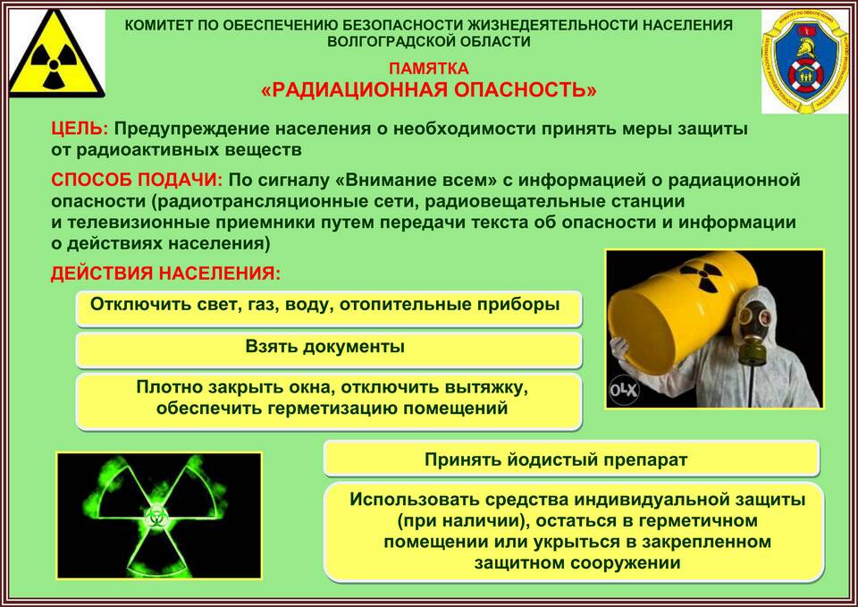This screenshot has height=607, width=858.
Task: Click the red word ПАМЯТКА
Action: tap(429, 69)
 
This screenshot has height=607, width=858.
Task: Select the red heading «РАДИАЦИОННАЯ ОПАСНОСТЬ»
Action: tap(429, 89)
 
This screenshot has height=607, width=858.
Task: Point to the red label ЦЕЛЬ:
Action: tap(80, 129)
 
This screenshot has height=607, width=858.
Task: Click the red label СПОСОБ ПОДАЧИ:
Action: tap(137, 180)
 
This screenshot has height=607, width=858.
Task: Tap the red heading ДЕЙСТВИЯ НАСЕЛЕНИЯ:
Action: tap(166, 274)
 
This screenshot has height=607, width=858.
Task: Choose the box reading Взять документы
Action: tap(328, 349)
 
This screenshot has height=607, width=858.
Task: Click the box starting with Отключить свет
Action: tap(328, 308)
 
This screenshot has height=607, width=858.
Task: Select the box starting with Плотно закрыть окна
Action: tap(328, 401)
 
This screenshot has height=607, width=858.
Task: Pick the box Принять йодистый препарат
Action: tap(571, 459)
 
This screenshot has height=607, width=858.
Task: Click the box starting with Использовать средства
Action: tap(574, 532)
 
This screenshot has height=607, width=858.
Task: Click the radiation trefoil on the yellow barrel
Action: tap(702, 275)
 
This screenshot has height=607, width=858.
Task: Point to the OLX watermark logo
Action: tap(625, 391)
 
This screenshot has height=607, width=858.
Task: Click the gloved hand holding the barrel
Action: tap(618, 347)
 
